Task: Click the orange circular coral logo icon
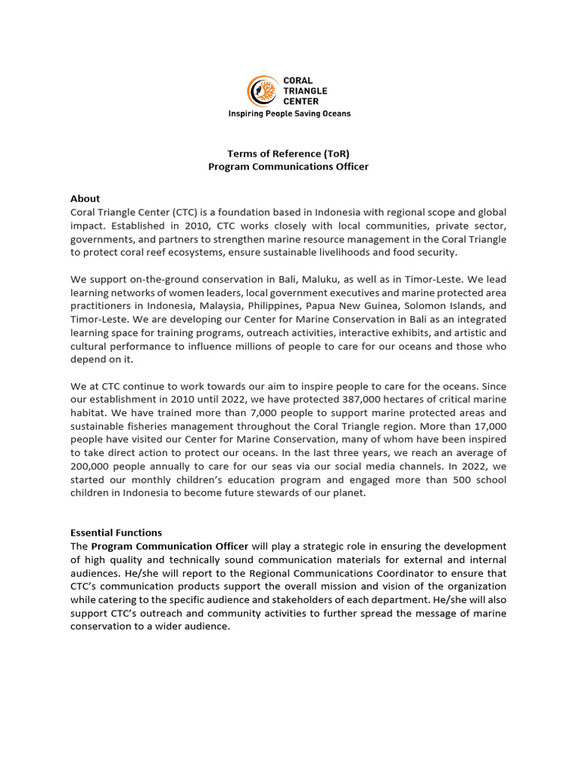tap(262, 90)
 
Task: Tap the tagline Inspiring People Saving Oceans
tap(289, 114)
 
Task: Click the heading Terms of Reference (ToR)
tap(288, 154)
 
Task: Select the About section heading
tap(85, 199)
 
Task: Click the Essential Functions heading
tap(116, 532)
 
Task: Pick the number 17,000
tap(486, 426)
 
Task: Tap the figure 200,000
tap(91, 466)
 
